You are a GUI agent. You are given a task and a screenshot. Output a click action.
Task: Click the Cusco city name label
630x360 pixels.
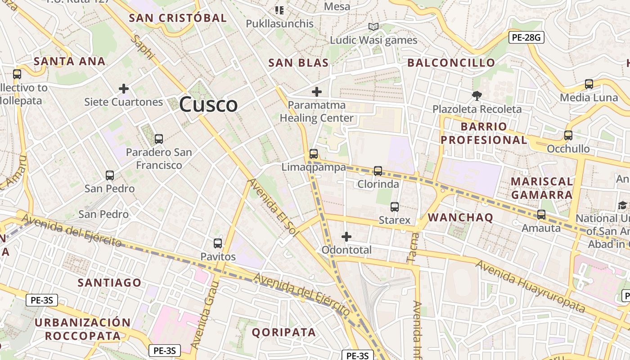tap(208, 105)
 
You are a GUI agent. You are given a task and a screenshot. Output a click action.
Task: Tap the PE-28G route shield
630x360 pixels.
tap(526, 37)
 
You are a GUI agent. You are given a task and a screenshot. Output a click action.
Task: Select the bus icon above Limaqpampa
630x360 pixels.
tap(314, 154)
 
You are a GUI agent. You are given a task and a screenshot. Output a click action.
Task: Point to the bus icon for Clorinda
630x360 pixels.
tap(378, 171)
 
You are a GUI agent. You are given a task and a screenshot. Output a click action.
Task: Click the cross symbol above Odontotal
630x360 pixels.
tap(346, 236)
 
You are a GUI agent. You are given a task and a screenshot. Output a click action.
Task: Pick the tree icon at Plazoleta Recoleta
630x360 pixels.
tap(477, 95)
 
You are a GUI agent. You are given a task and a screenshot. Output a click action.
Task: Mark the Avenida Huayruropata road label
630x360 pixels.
tap(531, 287)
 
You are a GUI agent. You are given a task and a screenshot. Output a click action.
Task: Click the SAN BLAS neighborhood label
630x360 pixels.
tap(298, 63)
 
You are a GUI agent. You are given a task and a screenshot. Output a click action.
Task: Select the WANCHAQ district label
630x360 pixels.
tap(460, 218)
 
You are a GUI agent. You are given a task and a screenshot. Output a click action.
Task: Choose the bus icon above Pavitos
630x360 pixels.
tap(218, 243)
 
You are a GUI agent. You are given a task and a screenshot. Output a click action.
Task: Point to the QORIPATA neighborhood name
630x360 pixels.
tap(283, 333)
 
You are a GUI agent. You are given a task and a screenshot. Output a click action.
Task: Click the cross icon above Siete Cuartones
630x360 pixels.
tap(124, 89)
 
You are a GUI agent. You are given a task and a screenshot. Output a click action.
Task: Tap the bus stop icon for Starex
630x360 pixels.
tap(395, 207)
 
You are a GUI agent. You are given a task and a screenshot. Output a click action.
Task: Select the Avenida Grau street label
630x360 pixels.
tap(205, 314)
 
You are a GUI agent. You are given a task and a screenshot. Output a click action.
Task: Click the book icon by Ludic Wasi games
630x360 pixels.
tap(373, 27)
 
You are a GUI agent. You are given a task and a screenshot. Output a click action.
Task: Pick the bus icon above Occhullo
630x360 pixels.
tap(568, 135)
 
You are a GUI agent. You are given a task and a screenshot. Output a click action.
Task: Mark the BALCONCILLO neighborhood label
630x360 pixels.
tap(451, 63)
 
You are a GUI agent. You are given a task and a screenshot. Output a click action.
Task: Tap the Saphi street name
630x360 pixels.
tap(142, 47)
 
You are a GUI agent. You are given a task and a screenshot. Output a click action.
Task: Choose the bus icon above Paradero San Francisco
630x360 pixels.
tap(158, 139)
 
